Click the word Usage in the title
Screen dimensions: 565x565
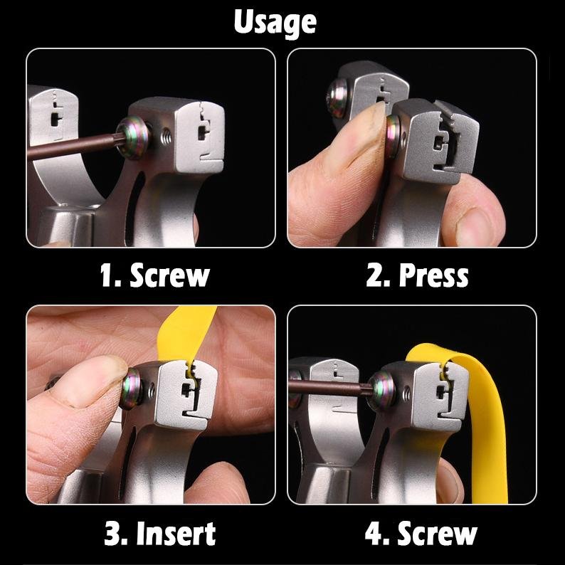[x=275, y=23]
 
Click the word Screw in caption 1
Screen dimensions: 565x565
[x=170, y=275]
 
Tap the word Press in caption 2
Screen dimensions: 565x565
[x=433, y=275]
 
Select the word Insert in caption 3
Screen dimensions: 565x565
[x=176, y=533]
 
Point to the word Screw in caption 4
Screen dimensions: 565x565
[x=437, y=533]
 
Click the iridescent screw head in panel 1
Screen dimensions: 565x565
[x=133, y=137]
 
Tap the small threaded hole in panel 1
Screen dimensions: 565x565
[x=166, y=137]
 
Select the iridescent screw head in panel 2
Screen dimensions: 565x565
[x=392, y=136]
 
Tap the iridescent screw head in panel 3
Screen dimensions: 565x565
[x=132, y=389]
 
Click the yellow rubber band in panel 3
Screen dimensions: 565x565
[x=184, y=335]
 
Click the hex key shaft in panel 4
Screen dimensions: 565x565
[x=329, y=388]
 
